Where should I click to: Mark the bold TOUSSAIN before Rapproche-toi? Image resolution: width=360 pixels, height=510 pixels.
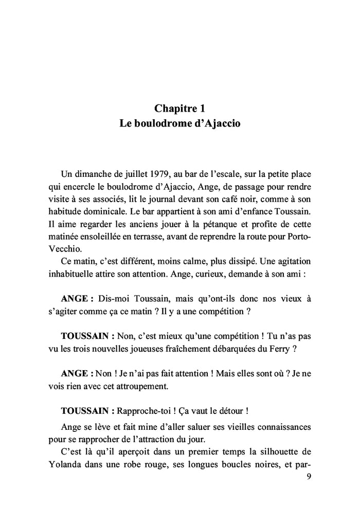click(84, 411)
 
